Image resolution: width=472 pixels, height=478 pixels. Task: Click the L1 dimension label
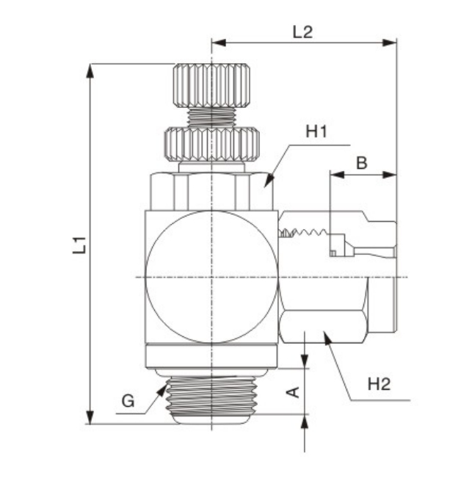coord(79,245)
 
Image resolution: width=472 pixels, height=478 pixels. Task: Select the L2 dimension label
coord(302,32)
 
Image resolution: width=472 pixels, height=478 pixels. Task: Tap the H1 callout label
coord(316,131)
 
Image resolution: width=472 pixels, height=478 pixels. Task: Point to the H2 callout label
coord(379,384)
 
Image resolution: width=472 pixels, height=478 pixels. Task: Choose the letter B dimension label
coord(362,163)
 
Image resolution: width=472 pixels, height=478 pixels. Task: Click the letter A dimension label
coord(294,392)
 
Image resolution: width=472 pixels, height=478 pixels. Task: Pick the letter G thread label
coord(128,401)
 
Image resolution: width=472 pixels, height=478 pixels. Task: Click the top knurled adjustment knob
coord(211,85)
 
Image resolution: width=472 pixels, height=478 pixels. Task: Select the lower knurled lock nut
coord(211,144)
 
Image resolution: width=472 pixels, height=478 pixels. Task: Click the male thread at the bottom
coord(211,395)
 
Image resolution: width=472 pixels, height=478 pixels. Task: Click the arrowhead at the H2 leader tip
coord(327,338)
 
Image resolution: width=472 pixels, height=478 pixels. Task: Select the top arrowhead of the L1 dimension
coord(90,71)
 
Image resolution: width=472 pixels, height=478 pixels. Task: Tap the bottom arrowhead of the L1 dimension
coord(90,417)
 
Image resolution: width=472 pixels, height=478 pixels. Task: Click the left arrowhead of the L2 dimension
coord(219,43)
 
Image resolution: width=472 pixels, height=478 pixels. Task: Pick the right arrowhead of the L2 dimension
coord(390,43)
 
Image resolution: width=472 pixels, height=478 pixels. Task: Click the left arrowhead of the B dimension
coord(338,175)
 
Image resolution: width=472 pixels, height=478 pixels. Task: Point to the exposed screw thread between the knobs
coord(211,117)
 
